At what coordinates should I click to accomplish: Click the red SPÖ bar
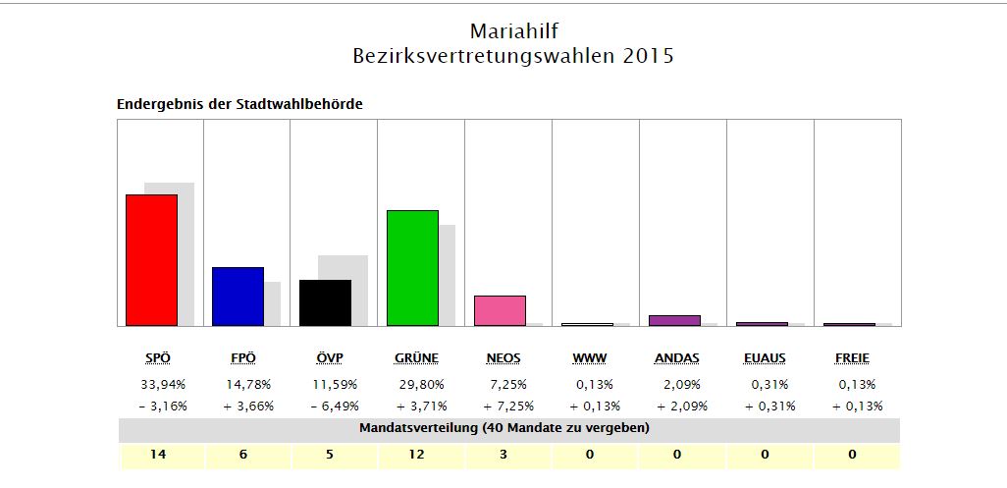[151, 260]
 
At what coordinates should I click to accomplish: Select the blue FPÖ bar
[238, 297]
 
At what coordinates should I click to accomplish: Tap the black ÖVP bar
[325, 302]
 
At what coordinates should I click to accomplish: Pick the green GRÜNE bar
[412, 268]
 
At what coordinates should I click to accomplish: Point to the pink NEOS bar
[500, 310]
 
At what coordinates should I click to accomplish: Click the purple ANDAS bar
[674, 320]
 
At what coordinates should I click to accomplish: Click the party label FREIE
[850, 358]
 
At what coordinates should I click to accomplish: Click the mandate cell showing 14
[161, 455]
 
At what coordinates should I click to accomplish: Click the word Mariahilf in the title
[513, 31]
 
